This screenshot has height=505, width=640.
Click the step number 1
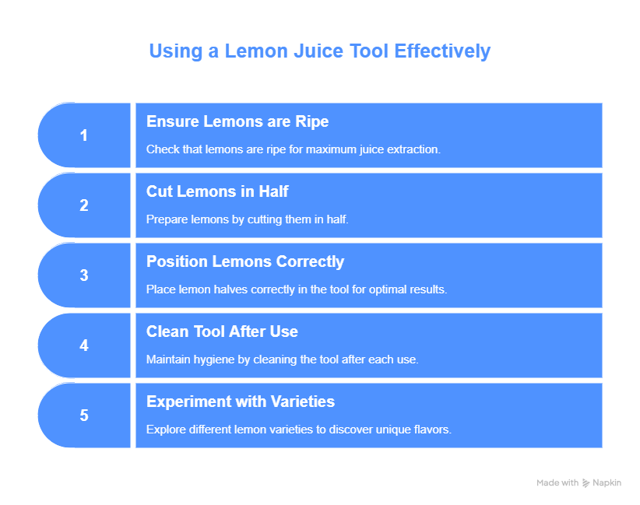(x=83, y=135)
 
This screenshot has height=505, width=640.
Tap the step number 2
(x=83, y=205)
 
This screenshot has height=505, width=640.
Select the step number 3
(x=83, y=275)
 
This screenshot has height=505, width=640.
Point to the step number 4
(x=83, y=345)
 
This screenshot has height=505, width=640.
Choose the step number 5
(x=83, y=416)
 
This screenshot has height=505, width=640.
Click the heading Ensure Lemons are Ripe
(x=237, y=121)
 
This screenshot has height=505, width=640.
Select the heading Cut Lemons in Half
(x=217, y=191)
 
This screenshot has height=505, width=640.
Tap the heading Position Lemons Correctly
(x=245, y=261)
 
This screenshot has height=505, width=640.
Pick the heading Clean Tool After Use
(x=222, y=331)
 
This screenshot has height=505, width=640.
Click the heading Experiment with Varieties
(x=241, y=402)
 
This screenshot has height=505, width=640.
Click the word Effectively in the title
(x=442, y=51)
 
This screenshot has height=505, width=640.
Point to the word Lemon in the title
(x=256, y=51)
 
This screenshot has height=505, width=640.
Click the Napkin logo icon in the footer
(x=585, y=483)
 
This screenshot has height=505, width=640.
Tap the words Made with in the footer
(x=557, y=483)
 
